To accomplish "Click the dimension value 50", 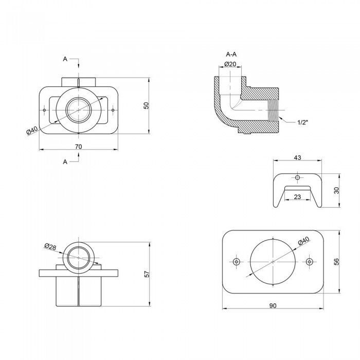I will pyautogui.click(x=146, y=105).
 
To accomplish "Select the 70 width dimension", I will pyautogui.click(x=79, y=146).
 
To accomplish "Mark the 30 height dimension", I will pyautogui.click(x=336, y=190).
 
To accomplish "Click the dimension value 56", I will pyautogui.click(x=336, y=261).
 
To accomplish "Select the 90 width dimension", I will pyautogui.click(x=273, y=305).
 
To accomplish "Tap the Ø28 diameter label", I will pyautogui.click(x=50, y=247).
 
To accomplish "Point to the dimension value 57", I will pyautogui.click(x=146, y=274).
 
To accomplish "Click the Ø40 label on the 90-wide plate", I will pyautogui.click(x=303, y=240).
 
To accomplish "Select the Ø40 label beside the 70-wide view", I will pyautogui.click(x=32, y=131).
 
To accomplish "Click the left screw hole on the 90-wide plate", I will pyautogui.click(x=236, y=262).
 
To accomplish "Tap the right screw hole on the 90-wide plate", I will pyautogui.click(x=309, y=262).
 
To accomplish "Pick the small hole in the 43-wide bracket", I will pyautogui.click(x=297, y=177).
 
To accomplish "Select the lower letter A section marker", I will pyautogui.click(x=65, y=161).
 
